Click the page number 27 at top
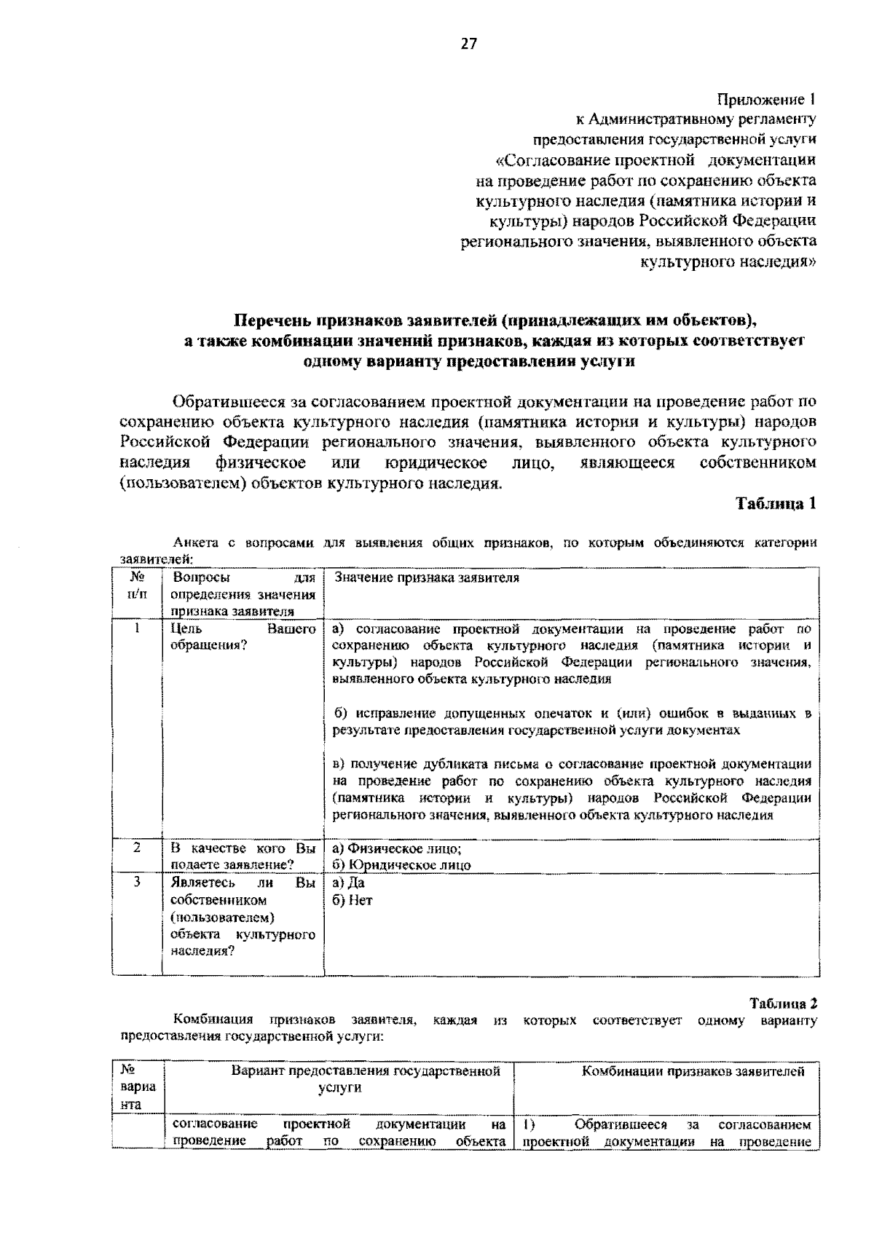point(468,44)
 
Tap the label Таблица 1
point(775,503)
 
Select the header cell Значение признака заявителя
point(427,578)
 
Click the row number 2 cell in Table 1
point(137,848)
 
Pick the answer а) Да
point(348,883)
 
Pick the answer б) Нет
point(352,900)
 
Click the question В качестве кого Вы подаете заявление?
point(243,856)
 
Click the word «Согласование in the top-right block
point(540,160)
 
